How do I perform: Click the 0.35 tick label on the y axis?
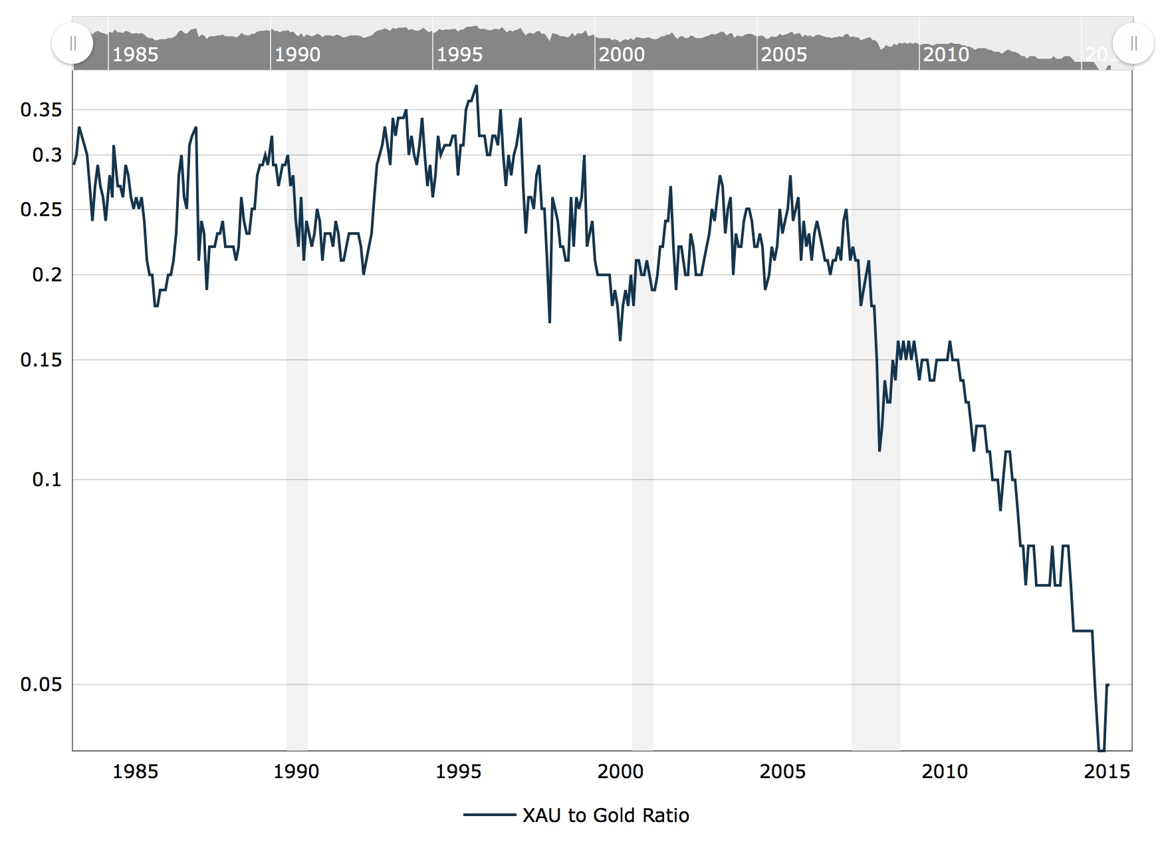pos(41,110)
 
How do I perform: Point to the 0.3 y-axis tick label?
pos(47,155)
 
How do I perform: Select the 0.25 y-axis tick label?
pos(41,210)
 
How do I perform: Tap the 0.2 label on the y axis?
pos(47,274)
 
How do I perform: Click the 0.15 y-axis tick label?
pos(41,360)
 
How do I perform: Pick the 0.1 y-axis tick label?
pos(47,479)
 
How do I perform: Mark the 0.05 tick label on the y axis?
pos(41,684)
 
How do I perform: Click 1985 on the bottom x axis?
pos(135,772)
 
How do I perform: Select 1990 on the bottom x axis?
pos(296,772)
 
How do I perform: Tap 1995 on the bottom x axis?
pos(459,772)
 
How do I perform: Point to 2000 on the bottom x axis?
pos(620,772)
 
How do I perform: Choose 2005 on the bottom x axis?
pos(782,772)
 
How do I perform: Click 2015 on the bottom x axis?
pos(1107,772)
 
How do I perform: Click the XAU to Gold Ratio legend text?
pos(606,815)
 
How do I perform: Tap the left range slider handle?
pos(72,44)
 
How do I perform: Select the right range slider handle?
pos(1133,44)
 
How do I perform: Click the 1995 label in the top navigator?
pos(459,55)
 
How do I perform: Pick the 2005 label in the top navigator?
pos(784,55)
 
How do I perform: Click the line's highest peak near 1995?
pos(477,86)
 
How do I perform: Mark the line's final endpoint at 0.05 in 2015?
pos(1108,684)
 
